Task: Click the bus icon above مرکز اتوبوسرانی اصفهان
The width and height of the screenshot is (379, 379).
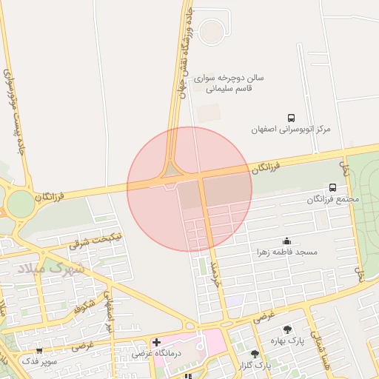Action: click(x=291, y=118)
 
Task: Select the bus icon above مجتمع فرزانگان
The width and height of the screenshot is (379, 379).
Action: click(x=332, y=188)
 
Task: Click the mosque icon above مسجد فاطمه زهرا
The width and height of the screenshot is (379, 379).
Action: click(x=286, y=241)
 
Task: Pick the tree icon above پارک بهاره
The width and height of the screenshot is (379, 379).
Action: click(x=287, y=329)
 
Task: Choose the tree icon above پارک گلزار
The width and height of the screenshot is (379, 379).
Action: click(x=255, y=355)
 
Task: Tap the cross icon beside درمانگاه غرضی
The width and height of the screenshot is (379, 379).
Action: click(x=156, y=342)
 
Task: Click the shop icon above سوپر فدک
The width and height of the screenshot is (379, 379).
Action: click(x=39, y=350)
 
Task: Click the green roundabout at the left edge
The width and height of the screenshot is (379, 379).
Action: click(x=20, y=204)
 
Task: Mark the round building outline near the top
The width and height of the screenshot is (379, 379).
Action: click(x=212, y=31)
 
